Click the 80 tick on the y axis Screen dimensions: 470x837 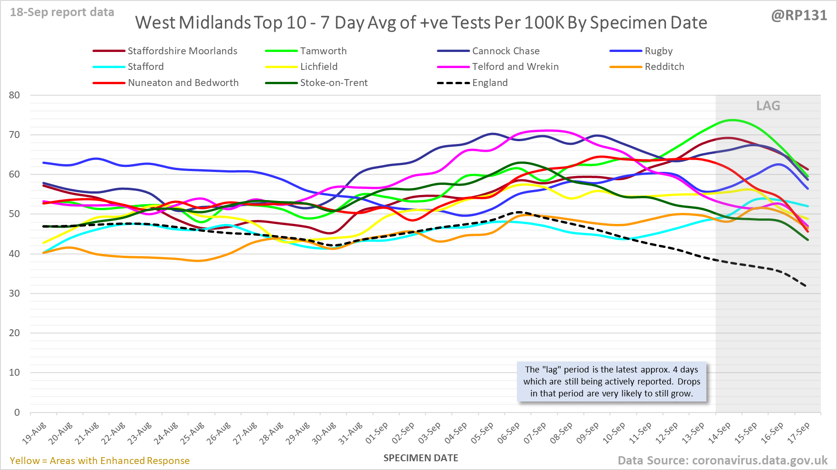click(14, 95)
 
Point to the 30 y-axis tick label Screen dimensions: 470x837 click(14, 293)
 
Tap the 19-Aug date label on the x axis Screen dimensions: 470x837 click(35, 433)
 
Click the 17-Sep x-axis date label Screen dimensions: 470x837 click(799, 433)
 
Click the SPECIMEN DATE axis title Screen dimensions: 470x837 click(421, 458)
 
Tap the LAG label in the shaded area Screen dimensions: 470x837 click(768, 106)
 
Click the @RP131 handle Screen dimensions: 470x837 click(799, 16)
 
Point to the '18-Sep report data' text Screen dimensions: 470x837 click(62, 12)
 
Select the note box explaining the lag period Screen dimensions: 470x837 click(612, 381)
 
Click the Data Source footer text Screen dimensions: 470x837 click(722, 460)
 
